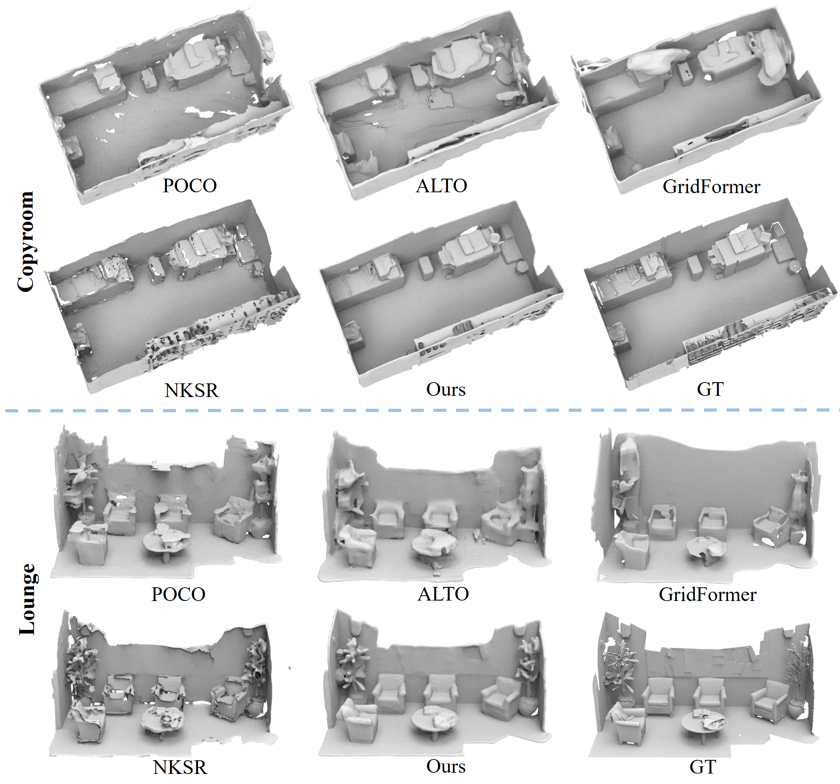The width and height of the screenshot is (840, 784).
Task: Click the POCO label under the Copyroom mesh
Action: [190, 186]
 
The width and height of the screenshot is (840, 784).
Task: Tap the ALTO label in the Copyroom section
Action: [442, 186]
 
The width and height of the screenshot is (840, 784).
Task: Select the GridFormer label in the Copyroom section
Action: [711, 187]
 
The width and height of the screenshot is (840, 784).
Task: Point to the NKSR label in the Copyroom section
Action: [192, 391]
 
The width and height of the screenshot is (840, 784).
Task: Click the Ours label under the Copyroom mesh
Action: [446, 389]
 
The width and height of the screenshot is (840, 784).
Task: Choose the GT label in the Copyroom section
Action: [710, 389]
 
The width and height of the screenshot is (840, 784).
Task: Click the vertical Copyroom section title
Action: [26, 241]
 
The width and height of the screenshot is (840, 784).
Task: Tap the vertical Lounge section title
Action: [28, 599]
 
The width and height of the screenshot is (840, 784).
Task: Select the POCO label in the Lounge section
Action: [178, 595]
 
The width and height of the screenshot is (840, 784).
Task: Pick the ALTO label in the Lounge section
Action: [443, 594]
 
